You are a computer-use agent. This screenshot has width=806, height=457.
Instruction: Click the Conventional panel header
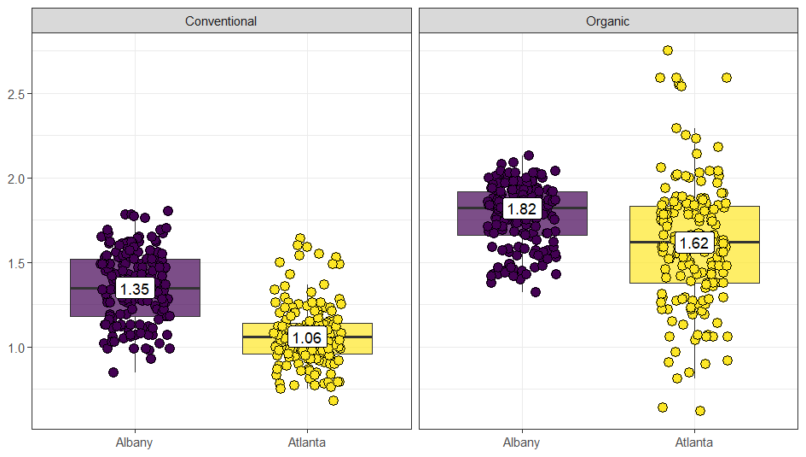(x=221, y=21)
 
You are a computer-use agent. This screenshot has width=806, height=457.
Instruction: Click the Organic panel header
(x=607, y=21)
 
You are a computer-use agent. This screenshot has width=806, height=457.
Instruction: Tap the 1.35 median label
(x=135, y=289)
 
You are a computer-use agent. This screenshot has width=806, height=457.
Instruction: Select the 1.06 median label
(x=307, y=338)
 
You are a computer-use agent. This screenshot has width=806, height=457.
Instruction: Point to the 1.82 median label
(x=521, y=208)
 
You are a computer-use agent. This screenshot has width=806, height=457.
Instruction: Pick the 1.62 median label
(x=693, y=243)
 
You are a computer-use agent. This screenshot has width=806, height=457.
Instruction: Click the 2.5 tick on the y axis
(x=14, y=93)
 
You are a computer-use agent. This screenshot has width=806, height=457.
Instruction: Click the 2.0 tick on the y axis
(x=14, y=178)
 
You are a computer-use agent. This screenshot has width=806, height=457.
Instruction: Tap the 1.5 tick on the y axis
(x=14, y=262)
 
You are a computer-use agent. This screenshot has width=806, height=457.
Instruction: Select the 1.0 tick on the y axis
(x=14, y=348)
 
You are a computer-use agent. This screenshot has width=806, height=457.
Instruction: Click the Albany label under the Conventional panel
(x=135, y=442)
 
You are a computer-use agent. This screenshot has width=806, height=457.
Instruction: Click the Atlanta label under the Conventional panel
(x=307, y=442)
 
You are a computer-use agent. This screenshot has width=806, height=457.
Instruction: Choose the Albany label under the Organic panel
(x=521, y=442)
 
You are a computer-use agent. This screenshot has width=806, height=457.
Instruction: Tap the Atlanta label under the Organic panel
(x=693, y=442)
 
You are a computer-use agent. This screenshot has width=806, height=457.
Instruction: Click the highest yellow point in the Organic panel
(x=668, y=50)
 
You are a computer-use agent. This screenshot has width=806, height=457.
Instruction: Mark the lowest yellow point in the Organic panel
(x=700, y=411)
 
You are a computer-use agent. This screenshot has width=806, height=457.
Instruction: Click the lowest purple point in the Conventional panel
(x=113, y=372)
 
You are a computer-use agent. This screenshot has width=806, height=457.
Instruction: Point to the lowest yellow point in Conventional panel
(x=333, y=401)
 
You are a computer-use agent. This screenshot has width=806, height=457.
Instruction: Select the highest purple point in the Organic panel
(x=529, y=155)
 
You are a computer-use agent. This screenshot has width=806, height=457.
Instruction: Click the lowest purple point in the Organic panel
(x=536, y=292)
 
